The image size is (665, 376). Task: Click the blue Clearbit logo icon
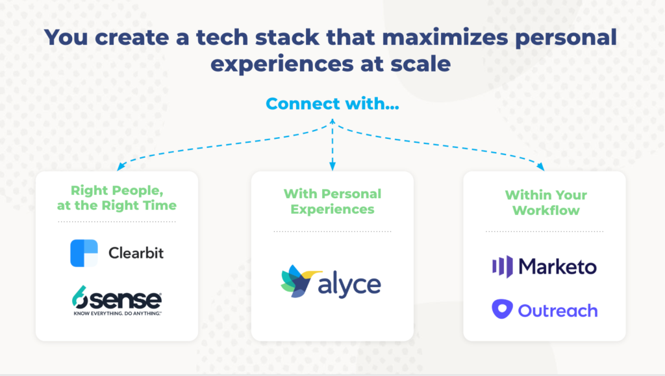(x=84, y=253)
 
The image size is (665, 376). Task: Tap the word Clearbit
(x=136, y=253)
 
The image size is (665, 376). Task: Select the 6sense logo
(x=117, y=301)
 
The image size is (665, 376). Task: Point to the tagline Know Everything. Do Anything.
(x=118, y=314)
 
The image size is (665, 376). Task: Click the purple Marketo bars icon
(x=503, y=267)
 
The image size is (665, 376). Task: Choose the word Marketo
(x=558, y=267)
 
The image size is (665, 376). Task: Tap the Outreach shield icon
(x=502, y=309)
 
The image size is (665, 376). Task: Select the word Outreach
(x=558, y=310)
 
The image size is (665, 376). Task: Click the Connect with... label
(x=332, y=103)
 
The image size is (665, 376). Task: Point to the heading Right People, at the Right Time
(x=117, y=198)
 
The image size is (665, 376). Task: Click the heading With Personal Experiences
(x=332, y=201)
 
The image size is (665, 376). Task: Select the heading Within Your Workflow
(x=546, y=203)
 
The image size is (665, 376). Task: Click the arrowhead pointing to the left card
(x=121, y=166)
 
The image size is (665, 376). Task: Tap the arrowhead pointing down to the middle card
(x=332, y=166)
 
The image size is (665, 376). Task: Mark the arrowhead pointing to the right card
(x=540, y=166)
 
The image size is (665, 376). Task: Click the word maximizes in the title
(x=445, y=37)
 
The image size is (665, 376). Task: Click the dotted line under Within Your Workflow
(x=545, y=231)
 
